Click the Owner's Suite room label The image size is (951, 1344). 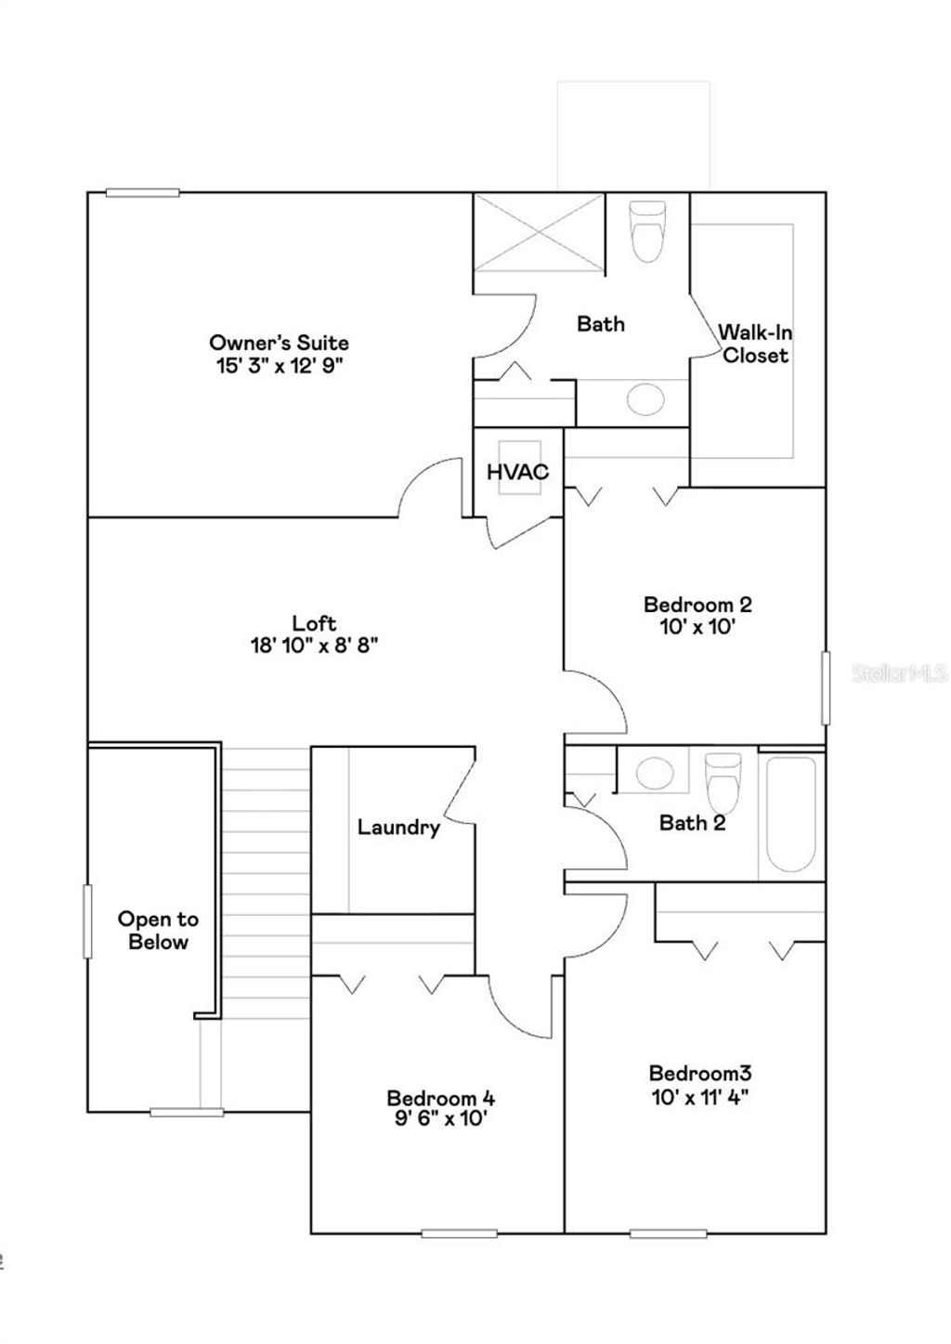(279, 343)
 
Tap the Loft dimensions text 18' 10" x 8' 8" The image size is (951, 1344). (314, 646)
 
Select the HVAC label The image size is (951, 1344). (517, 472)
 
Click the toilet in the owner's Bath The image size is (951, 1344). (648, 231)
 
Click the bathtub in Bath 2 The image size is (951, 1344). (791, 815)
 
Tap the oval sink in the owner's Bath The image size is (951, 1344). (645, 399)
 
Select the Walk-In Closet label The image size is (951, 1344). (755, 344)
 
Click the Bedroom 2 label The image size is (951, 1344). (697, 605)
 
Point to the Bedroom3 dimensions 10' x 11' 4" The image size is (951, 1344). (699, 1097)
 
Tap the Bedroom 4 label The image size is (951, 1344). (440, 1098)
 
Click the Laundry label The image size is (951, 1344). (398, 827)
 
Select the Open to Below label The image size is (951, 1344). (158, 930)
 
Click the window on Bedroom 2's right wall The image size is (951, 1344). (825, 688)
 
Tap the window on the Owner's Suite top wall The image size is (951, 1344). (142, 192)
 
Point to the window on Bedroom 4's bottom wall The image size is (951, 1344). (459, 1233)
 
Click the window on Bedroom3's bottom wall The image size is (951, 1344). (669, 1233)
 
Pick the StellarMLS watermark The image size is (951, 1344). (899, 673)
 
